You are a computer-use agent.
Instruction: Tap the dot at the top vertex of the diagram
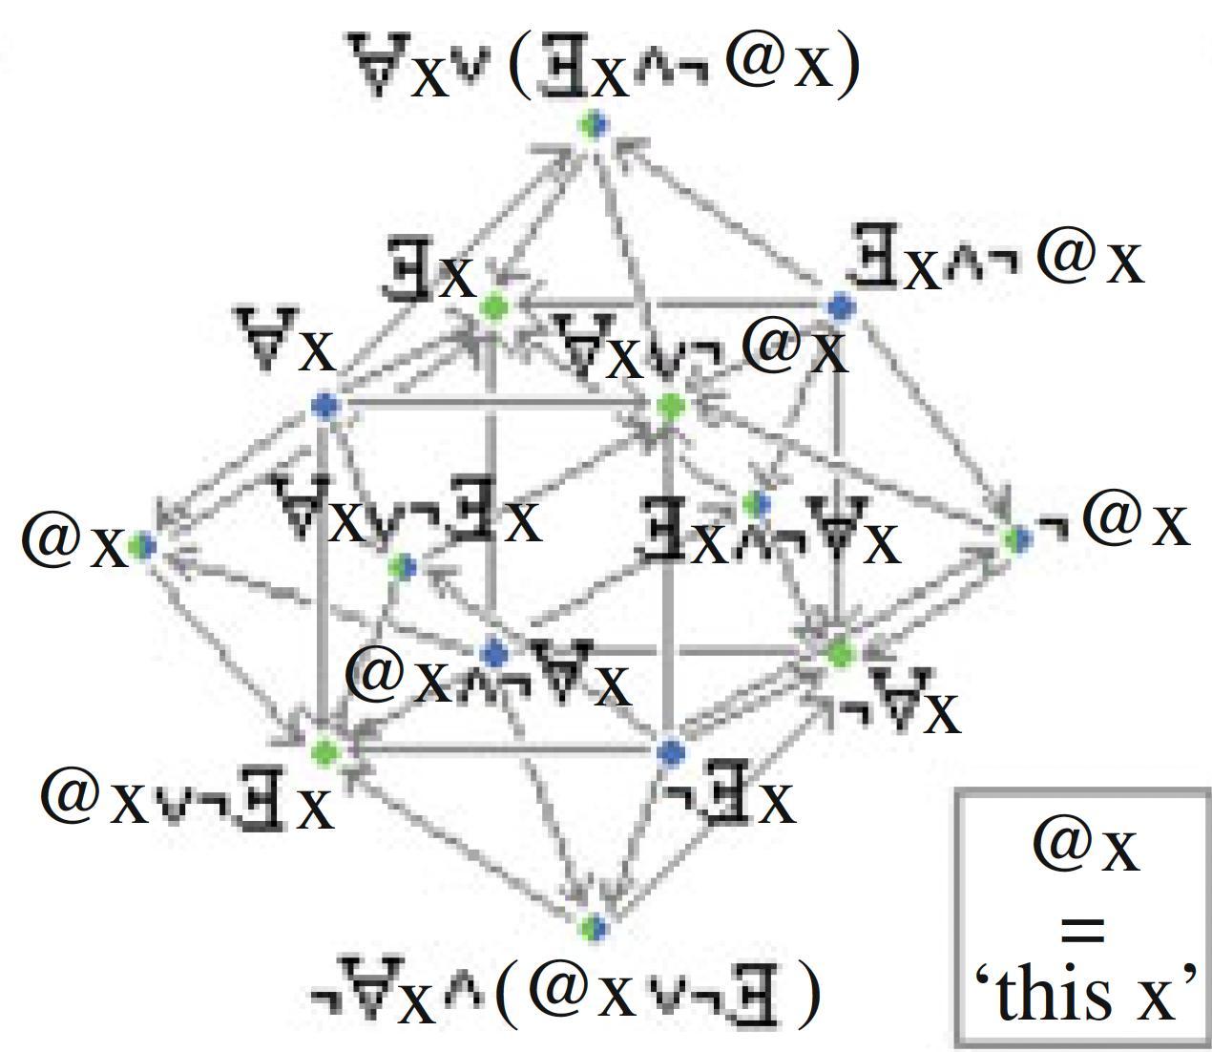click(x=595, y=124)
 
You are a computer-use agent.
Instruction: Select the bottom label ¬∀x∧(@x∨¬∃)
click(x=565, y=995)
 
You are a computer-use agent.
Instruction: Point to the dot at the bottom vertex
click(x=594, y=926)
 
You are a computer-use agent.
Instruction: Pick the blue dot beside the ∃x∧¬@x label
click(x=840, y=307)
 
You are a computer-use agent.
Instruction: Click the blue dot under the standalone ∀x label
click(x=326, y=407)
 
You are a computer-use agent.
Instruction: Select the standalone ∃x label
click(x=430, y=272)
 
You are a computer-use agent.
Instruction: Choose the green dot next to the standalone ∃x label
click(x=494, y=307)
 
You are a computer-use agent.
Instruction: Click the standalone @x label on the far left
click(x=74, y=541)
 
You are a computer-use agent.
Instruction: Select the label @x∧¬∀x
click(x=488, y=677)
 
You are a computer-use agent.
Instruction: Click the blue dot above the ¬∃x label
click(x=672, y=752)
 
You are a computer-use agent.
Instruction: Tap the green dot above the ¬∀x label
click(x=840, y=654)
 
